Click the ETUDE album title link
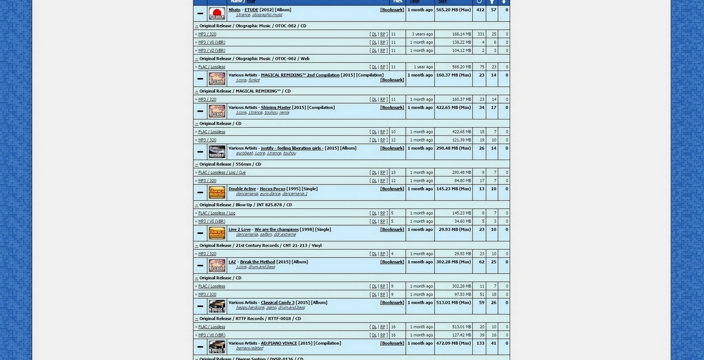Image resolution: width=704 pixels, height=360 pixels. point(251,10)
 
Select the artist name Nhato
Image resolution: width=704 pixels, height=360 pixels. point(235,10)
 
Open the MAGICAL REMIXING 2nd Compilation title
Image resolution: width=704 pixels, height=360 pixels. point(300,75)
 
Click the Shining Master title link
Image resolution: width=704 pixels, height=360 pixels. point(276,108)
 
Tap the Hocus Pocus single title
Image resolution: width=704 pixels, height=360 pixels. point(272,189)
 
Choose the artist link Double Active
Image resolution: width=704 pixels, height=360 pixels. point(242,189)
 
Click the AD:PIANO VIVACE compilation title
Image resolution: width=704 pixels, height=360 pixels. point(279,343)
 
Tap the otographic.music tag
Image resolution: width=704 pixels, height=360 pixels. point(267,15)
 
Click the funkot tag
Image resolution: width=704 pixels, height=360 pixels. point(254,80)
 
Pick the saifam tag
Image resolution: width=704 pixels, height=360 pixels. point(266,235)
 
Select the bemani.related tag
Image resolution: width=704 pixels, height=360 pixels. point(249,348)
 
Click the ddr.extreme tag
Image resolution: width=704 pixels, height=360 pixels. point(285,235)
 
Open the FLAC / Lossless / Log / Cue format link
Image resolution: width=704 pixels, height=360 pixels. point(222,172)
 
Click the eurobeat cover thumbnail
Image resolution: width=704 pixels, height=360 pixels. point(217,152)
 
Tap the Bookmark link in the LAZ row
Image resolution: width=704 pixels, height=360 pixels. point(392,262)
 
